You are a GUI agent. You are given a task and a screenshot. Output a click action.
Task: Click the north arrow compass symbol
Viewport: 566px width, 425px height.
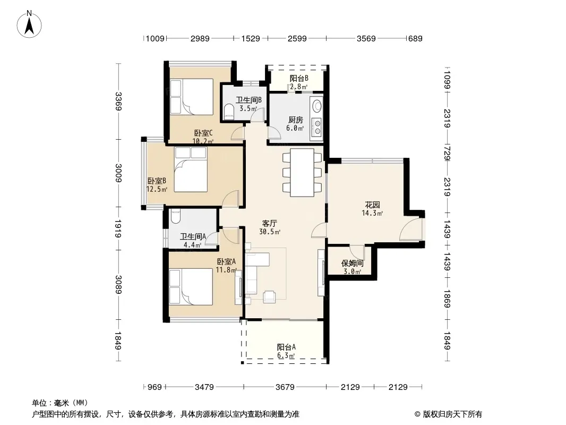click(x=29, y=24)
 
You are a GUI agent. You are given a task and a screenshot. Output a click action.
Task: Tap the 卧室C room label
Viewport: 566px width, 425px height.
click(x=203, y=133)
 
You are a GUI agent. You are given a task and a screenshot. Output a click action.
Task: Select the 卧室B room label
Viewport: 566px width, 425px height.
click(x=157, y=181)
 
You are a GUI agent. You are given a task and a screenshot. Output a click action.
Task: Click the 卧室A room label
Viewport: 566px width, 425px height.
click(x=226, y=261)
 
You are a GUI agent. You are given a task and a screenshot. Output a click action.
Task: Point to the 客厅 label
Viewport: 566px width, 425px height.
click(x=270, y=224)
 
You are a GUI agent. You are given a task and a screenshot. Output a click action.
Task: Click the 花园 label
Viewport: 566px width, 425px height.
click(x=372, y=205)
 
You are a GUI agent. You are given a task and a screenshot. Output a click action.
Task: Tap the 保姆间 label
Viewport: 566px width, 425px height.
click(x=353, y=263)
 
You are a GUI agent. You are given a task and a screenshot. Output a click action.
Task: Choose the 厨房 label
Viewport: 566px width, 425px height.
click(x=295, y=120)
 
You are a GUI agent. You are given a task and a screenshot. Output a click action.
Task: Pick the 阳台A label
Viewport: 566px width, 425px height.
click(x=286, y=347)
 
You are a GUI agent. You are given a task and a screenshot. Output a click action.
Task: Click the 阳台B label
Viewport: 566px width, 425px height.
click(x=299, y=78)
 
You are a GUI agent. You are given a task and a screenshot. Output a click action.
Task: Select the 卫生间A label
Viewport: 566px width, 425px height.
click(x=193, y=236)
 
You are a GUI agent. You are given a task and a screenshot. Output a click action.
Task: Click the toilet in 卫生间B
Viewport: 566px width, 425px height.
click(x=229, y=112)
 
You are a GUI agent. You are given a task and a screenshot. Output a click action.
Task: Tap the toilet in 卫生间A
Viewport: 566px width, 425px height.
click(x=175, y=216)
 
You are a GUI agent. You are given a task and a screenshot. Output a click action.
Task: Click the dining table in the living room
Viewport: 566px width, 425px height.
click(x=302, y=172)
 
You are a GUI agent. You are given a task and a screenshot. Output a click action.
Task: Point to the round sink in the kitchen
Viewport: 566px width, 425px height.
click(x=317, y=106)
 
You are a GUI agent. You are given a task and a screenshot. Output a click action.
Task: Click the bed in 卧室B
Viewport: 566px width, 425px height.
click(x=191, y=169)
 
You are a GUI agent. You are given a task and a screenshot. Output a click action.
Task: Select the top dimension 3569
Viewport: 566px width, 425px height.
click(x=366, y=39)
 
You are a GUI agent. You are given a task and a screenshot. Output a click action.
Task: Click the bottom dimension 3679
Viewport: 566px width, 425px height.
click(x=285, y=387)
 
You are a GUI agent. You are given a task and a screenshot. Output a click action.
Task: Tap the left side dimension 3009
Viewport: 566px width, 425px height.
click(x=118, y=173)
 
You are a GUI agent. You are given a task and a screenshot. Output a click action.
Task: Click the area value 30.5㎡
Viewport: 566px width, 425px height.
click(x=270, y=232)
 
